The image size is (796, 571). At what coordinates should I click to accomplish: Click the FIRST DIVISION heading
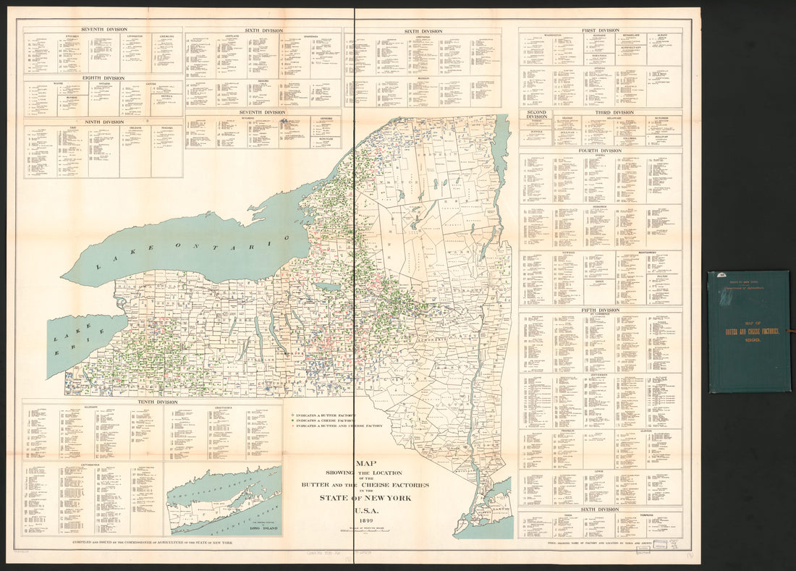[x=599, y=30]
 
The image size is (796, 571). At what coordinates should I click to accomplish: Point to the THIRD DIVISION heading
[x=614, y=112]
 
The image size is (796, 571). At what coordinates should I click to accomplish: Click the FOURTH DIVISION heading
[x=599, y=151]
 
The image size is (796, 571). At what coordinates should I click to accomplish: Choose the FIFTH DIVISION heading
[x=599, y=310]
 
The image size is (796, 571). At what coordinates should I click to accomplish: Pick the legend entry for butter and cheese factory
[x=334, y=426]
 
